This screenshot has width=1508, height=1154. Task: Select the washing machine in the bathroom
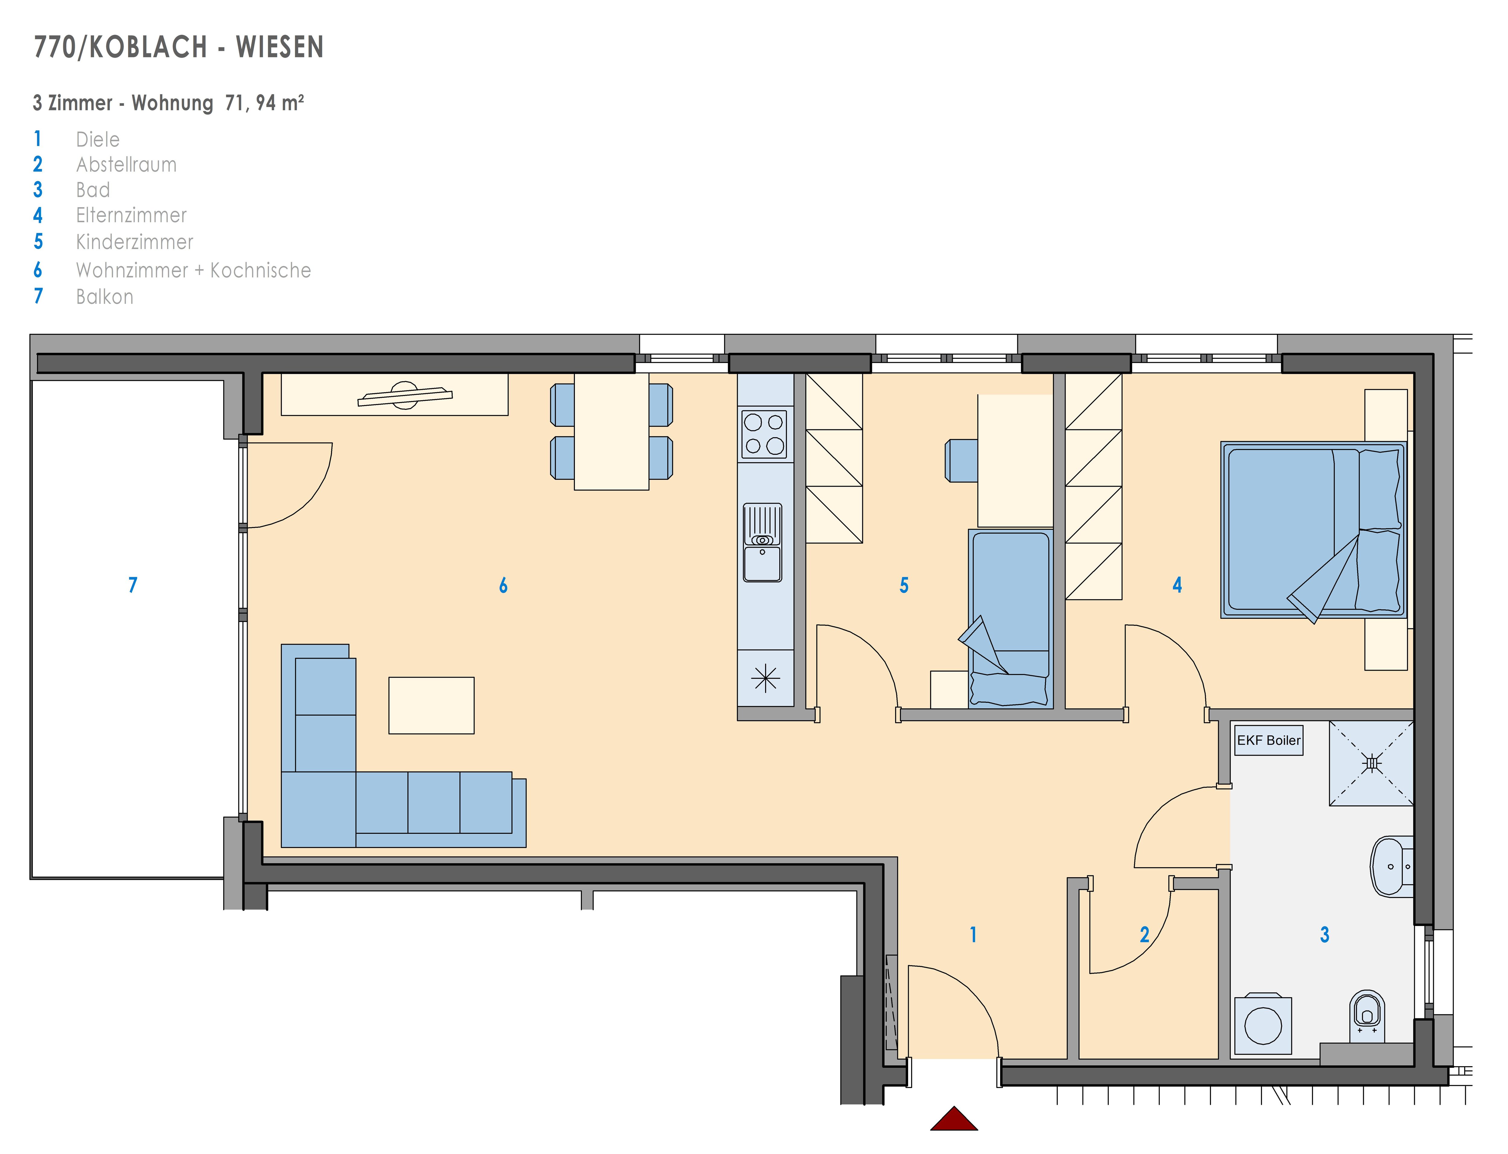[x=1263, y=1024]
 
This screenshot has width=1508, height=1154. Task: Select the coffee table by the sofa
[x=432, y=705]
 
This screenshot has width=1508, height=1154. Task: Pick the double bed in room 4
[x=1313, y=530]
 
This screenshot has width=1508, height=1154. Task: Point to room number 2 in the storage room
[x=1144, y=934]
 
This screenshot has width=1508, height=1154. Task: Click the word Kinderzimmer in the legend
[x=135, y=242]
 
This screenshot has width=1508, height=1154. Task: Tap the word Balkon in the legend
[x=104, y=297]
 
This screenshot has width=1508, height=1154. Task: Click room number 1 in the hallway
[x=973, y=934]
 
